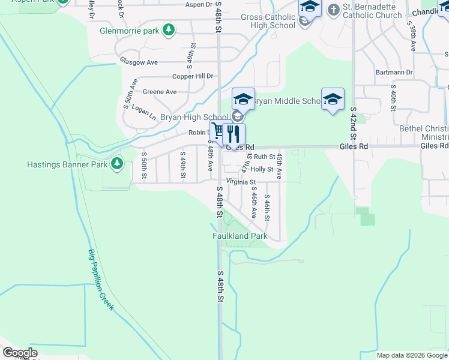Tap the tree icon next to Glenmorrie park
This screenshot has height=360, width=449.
[x=169, y=29]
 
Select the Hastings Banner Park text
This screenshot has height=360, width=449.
[x=67, y=164]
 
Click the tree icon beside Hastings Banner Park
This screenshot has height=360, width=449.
[x=117, y=163]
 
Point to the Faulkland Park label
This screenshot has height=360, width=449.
[x=240, y=236]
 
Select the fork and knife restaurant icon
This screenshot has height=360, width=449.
[x=234, y=133]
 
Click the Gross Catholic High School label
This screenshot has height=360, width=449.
[x=268, y=21]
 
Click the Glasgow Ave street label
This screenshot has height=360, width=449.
[x=138, y=62]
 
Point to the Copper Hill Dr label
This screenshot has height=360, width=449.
[x=193, y=76]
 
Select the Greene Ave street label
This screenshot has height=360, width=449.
[x=160, y=92]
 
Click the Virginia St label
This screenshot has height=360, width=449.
[x=241, y=182]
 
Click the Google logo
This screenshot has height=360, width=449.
[x=20, y=353]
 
